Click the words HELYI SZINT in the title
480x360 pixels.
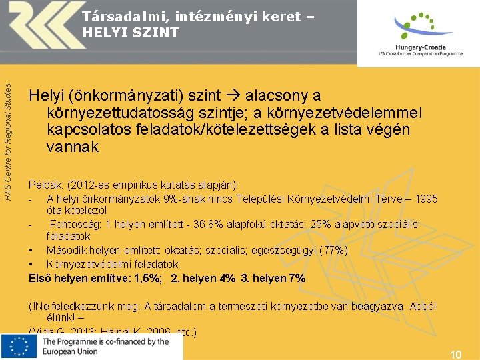coord(131,32)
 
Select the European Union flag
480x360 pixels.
coord(19,347)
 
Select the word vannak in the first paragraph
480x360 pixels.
coord(73,147)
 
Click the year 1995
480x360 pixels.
coord(425,199)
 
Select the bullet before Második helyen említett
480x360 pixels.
coord(31,250)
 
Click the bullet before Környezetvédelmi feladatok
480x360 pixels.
coord(31,263)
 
